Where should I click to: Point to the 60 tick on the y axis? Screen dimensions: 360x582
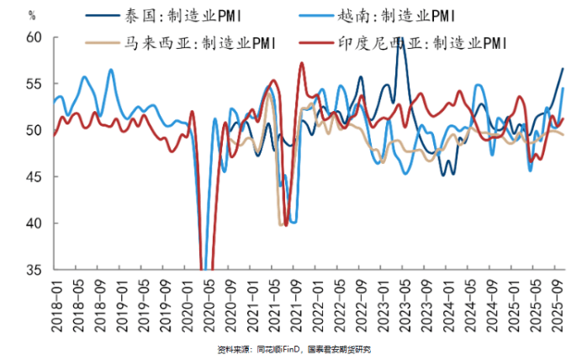pos(34,37)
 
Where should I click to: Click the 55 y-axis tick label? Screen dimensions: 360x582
pos(34,84)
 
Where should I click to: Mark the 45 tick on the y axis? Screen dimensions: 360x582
pos(34,177)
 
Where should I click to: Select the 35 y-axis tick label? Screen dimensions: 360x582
pos(34,270)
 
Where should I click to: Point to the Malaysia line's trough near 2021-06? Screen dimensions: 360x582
pos(281,224)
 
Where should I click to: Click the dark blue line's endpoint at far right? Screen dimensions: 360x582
pos(563,68)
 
